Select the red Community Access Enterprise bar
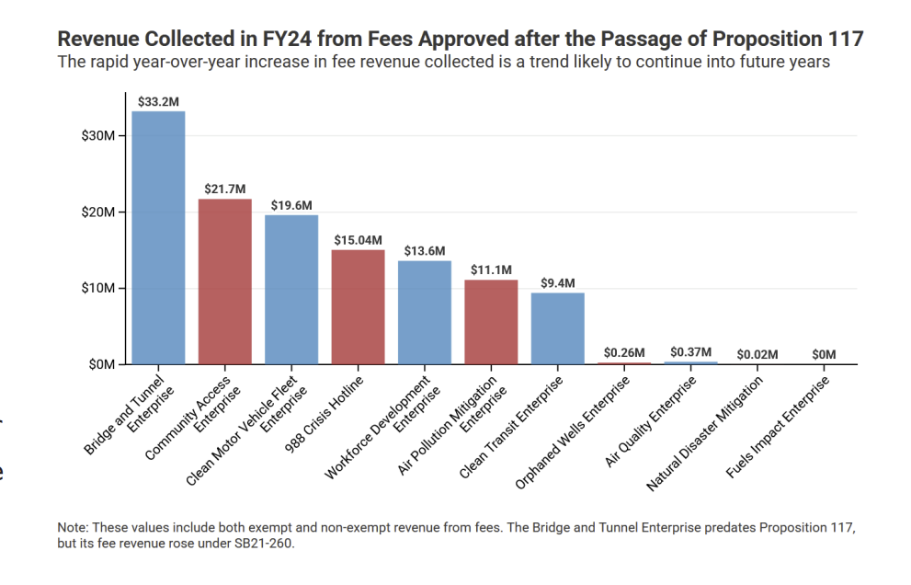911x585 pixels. (224, 281)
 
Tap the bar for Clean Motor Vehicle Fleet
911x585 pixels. (291, 290)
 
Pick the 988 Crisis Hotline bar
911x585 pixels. (358, 307)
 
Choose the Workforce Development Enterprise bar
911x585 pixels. (424, 313)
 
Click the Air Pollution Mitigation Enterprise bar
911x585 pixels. (491, 322)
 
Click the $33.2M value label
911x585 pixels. (158, 102)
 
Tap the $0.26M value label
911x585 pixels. (624, 352)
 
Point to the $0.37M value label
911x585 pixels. (690, 351)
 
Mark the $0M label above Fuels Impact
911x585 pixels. (824, 354)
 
